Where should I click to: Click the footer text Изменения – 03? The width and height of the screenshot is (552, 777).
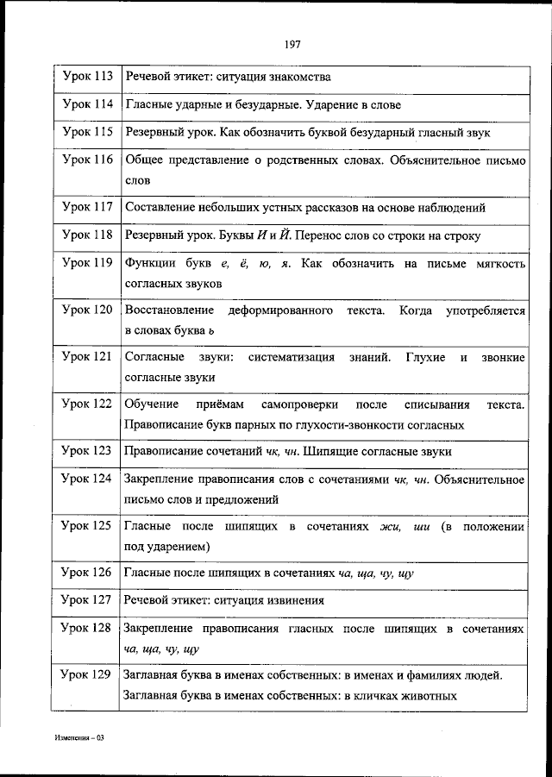click(x=78, y=739)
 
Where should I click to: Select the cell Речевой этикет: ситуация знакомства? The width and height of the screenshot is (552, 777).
click(x=229, y=78)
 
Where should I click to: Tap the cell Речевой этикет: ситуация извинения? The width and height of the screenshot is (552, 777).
click(x=225, y=600)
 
